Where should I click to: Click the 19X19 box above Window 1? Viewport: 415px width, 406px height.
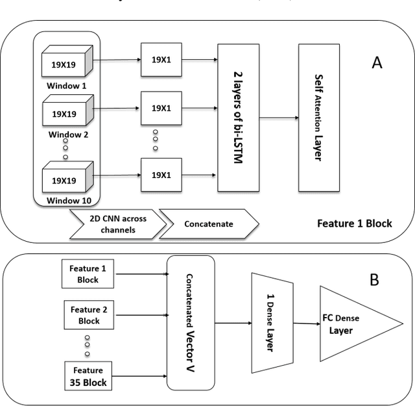[65, 63]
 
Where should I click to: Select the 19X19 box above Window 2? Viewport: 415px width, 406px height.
[65, 114]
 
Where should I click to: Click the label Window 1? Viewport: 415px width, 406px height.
[65, 85]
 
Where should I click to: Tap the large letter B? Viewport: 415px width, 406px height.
[374, 280]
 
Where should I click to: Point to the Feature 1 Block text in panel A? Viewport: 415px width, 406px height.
[354, 223]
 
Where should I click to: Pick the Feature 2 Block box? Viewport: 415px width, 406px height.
[84, 315]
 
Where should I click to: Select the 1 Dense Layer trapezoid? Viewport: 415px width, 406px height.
[271, 322]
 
